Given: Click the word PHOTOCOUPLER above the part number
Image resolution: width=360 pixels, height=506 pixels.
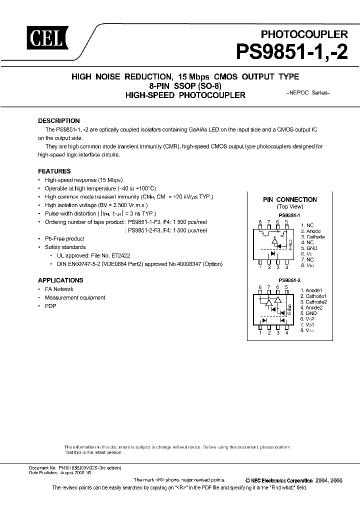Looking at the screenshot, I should pos(304,34).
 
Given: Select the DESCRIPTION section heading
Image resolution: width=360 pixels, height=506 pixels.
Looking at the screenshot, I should pos(59,120).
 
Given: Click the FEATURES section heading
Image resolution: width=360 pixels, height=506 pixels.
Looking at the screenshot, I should pos(54,171).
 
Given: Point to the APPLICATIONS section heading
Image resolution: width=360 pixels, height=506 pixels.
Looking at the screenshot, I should pos(60,280).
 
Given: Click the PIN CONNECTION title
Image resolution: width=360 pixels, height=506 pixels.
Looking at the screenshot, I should pos(290,199).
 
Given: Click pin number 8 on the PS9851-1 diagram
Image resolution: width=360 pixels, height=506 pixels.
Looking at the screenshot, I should pos(260,221).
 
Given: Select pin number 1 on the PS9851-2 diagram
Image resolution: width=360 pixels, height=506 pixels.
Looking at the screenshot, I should pos(260,332).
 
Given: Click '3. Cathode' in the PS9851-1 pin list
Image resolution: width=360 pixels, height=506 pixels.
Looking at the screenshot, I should pos(313,237).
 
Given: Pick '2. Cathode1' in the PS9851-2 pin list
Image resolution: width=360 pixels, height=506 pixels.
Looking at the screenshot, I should pos(313,296).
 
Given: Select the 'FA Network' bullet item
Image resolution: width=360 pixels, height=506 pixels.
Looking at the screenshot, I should pos(59,289).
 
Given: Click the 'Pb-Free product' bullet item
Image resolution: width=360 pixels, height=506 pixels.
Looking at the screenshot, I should pos(64,238).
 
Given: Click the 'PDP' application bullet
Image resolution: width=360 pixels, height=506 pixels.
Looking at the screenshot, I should pos(50,306).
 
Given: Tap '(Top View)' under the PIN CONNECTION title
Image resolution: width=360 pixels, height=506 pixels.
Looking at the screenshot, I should pos(290,206).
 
